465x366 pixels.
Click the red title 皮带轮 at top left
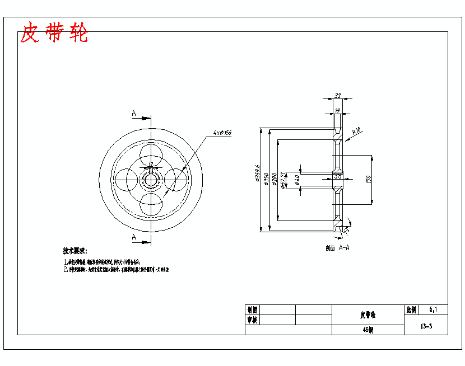coord(54,34)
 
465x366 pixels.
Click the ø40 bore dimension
coord(297,180)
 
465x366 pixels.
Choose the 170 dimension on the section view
coord(369,180)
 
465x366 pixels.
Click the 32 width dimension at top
coord(337,96)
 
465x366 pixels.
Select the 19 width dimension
coord(337,110)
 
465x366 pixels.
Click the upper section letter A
coord(134,114)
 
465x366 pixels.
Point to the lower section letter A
coord(134,237)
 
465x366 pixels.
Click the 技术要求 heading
coord(75,251)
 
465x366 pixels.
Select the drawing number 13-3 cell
coord(426,326)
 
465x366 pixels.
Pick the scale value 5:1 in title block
coord(434,309)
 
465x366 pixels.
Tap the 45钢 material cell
coord(368,330)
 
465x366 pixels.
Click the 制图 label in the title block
coord(252,309)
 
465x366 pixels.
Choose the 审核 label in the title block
coord(252,320)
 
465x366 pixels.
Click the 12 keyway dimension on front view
coord(150,164)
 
